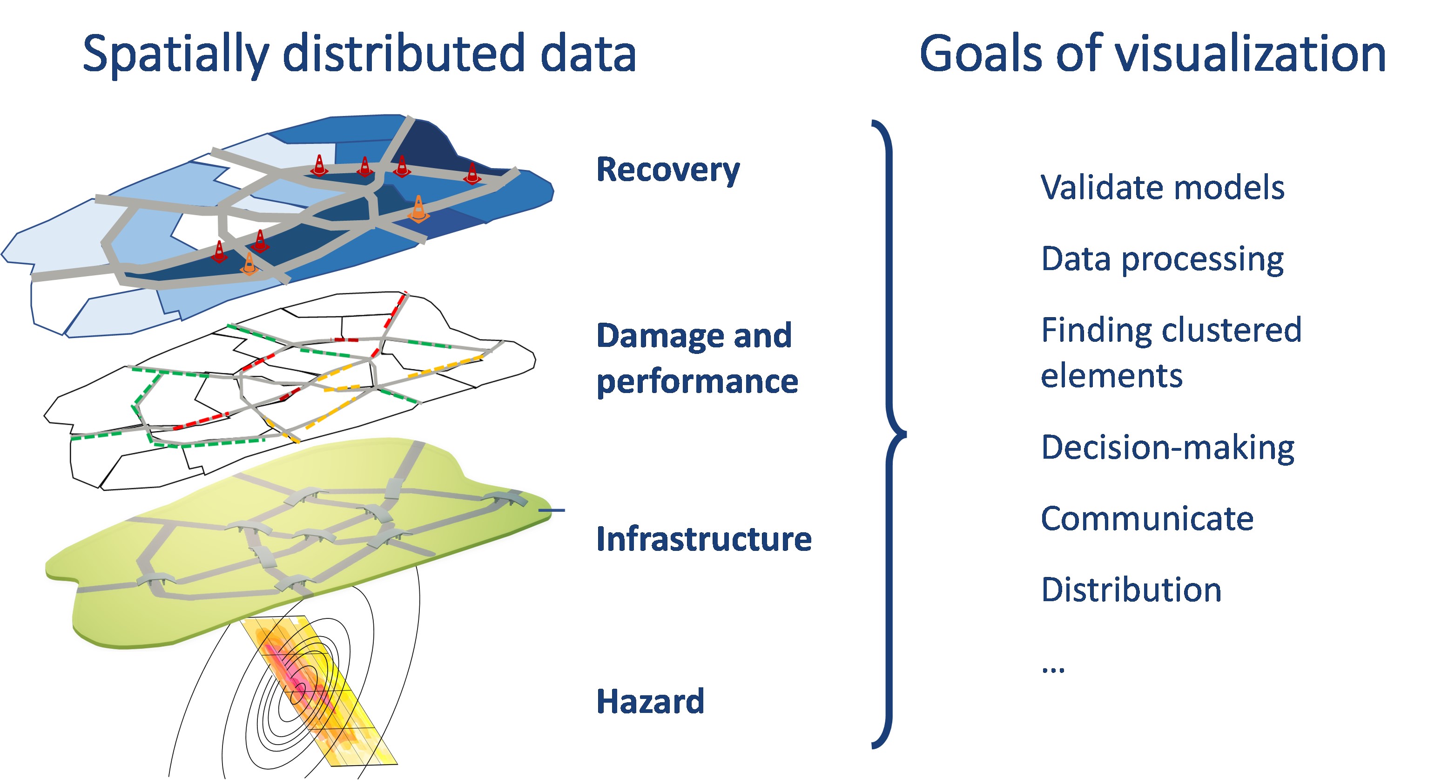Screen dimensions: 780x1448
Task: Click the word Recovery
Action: coord(668,170)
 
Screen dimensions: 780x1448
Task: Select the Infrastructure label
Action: coord(704,539)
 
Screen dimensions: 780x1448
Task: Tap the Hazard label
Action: coord(650,701)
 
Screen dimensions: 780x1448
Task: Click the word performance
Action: coord(697,382)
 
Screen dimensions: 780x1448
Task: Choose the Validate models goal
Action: coord(1162,187)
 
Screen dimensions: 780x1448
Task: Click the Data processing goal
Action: coord(1162,259)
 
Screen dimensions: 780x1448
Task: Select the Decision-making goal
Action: coord(1167,448)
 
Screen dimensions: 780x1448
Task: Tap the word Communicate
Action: coord(1147,518)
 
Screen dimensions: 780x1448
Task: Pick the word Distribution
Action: coord(1131,590)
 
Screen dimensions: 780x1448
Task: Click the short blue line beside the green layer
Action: coord(552,510)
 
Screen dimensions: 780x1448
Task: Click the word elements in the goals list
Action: coord(1111,376)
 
